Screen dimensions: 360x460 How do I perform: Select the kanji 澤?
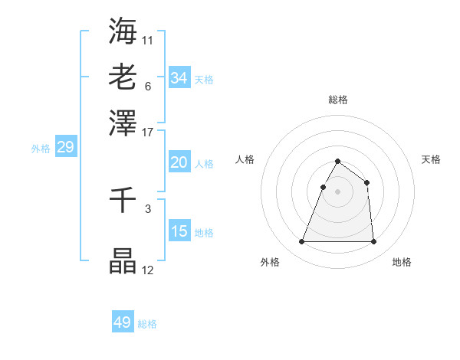(x=123, y=123)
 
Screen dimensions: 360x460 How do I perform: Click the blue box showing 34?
(x=179, y=78)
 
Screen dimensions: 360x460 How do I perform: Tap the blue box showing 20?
(x=179, y=162)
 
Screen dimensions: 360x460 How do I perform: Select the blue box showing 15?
(x=179, y=231)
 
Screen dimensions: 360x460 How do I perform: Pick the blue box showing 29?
(x=65, y=147)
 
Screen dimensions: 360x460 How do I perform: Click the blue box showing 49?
(x=123, y=322)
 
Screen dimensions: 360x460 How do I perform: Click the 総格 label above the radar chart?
(x=337, y=100)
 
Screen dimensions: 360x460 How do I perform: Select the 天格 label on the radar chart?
(x=432, y=159)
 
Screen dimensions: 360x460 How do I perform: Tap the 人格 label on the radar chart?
(x=245, y=159)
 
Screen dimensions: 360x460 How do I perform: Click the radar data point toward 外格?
(x=301, y=242)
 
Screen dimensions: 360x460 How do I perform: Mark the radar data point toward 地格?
(x=373, y=242)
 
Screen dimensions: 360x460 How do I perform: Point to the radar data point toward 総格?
(x=337, y=162)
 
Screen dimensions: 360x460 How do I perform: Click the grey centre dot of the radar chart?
(x=337, y=191)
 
